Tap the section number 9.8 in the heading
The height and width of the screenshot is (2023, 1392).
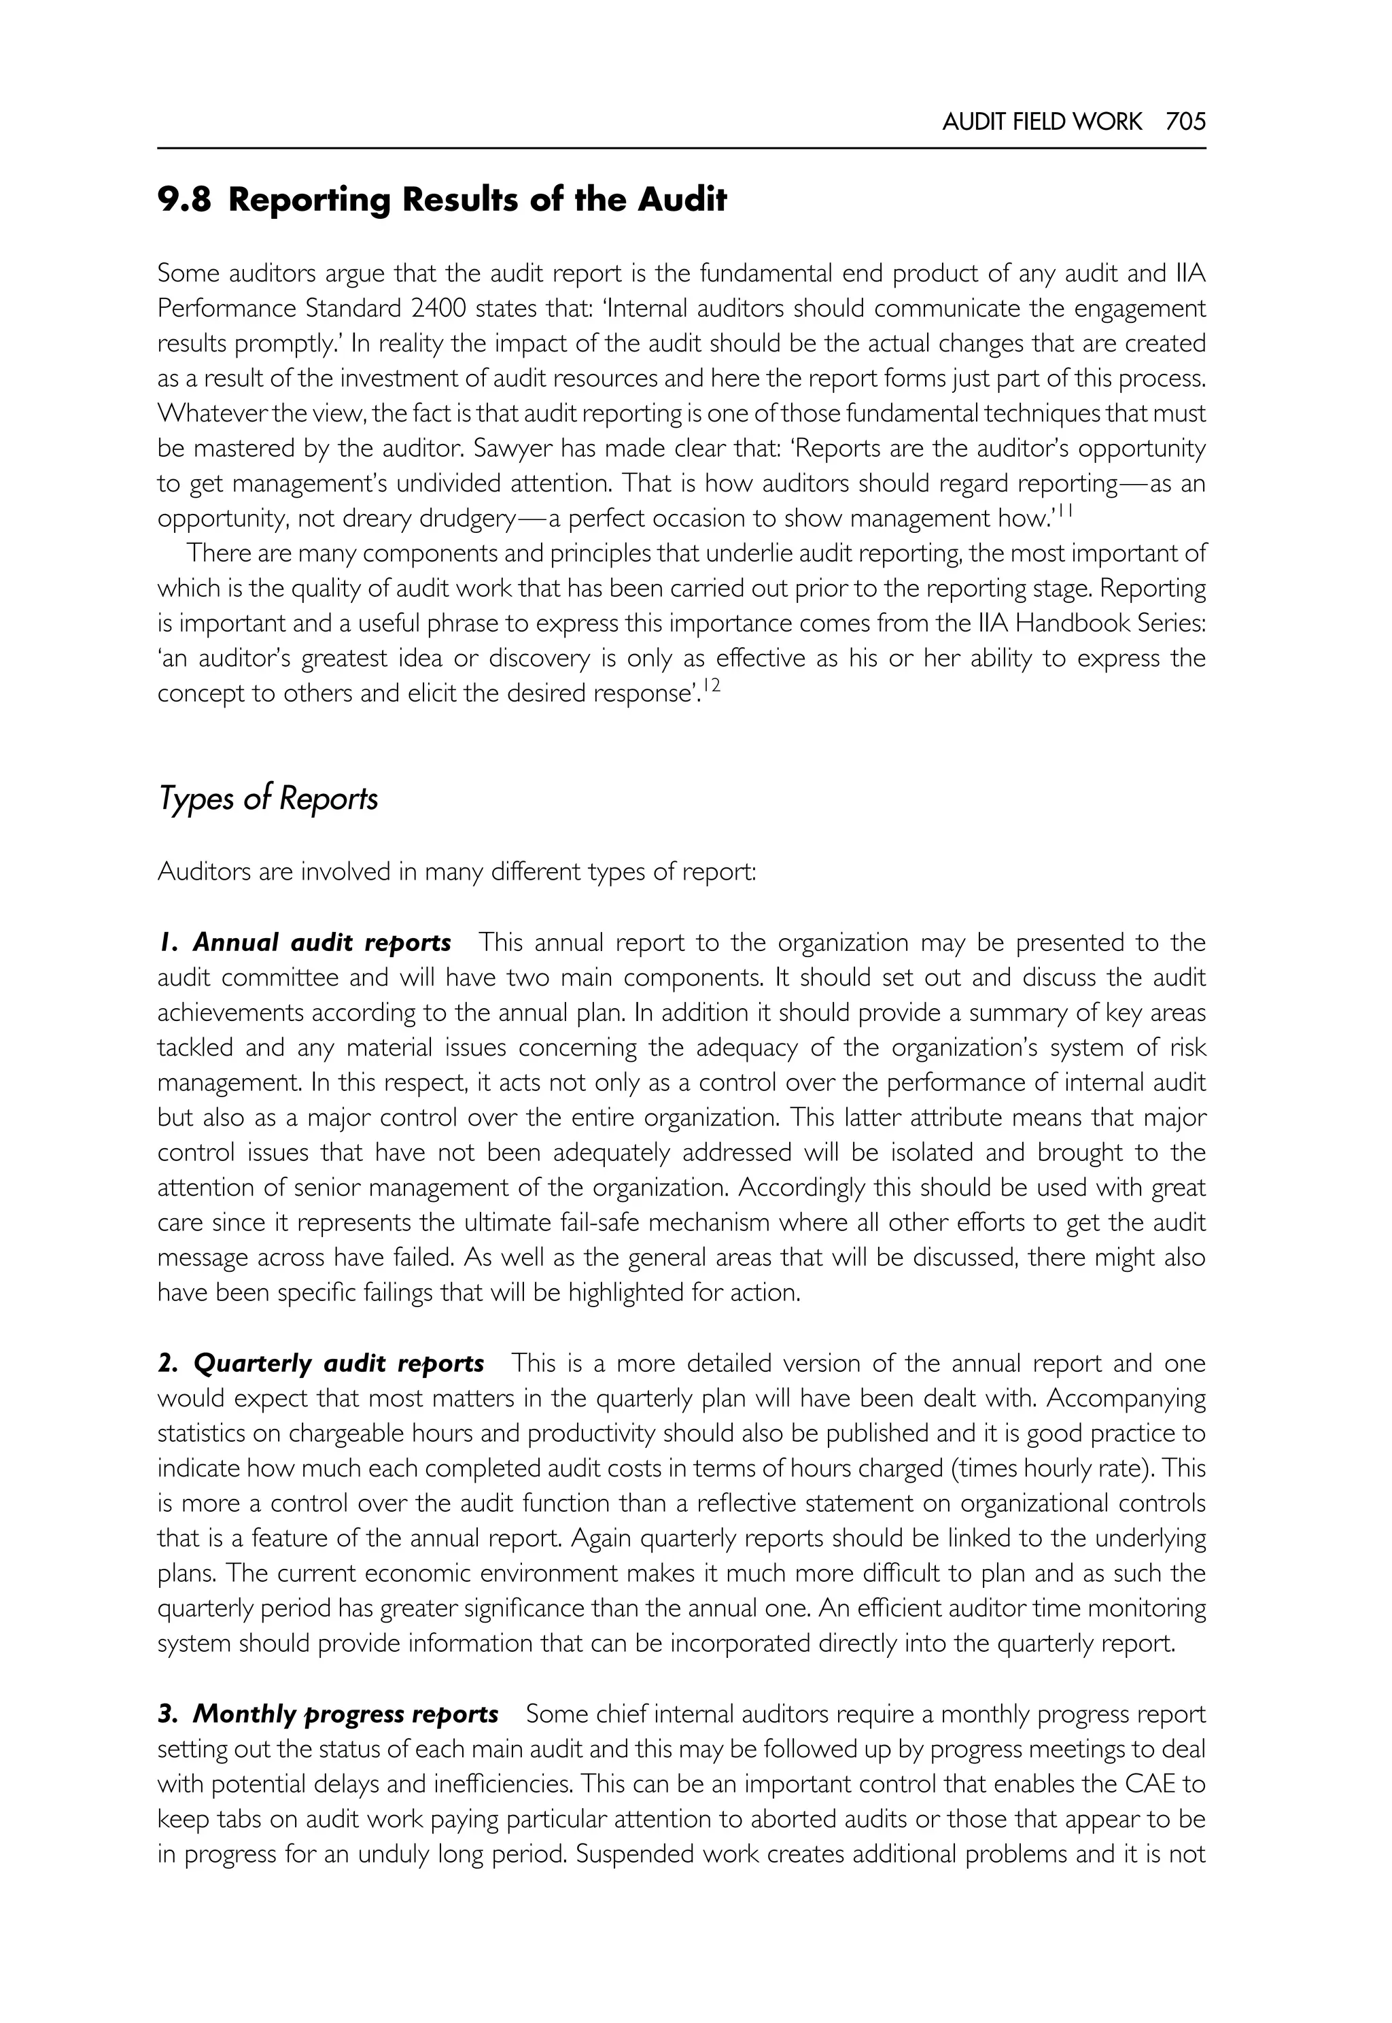(184, 201)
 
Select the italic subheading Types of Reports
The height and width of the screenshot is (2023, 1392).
(268, 798)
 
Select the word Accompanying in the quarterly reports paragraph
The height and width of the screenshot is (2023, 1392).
(1126, 1398)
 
